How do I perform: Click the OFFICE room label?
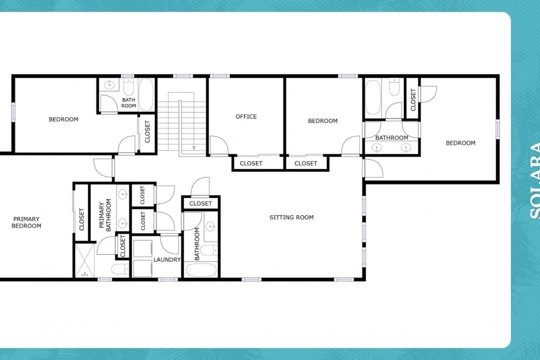pos(246,117)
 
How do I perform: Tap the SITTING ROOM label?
pos(292,217)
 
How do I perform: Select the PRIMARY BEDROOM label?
pos(26,222)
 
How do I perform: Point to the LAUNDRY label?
pos(167,260)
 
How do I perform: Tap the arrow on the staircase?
pos(194,126)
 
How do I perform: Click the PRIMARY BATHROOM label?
pos(105,215)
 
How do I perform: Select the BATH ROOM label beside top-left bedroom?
pos(129,103)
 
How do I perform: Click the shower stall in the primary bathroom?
pos(85,260)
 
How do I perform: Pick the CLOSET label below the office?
pos(251,164)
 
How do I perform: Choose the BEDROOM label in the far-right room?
pos(461,143)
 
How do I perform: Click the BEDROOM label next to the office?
pos(323,121)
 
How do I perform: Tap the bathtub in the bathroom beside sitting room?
pos(201,270)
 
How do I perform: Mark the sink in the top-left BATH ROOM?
pos(110,84)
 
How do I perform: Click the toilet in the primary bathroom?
pos(120,269)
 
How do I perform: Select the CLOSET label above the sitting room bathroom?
pos(200,203)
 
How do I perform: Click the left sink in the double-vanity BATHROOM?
pos(377,148)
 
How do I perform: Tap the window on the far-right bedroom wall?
pos(498,129)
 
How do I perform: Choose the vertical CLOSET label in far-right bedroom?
pos(413,99)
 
